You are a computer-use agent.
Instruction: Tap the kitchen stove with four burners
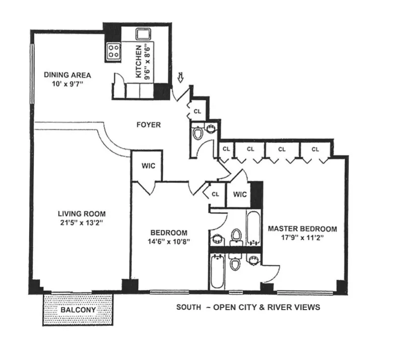pos(114,51)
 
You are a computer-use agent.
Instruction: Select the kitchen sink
pos(142,35)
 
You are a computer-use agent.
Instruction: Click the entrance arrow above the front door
pos(181,77)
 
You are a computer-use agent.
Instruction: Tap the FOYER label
pos(149,124)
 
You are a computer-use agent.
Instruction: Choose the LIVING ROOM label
pos(81,213)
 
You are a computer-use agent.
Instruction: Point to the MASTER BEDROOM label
pos(302,229)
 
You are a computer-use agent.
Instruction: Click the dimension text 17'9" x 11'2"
pos(302,237)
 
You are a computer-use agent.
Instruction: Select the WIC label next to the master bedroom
pos(240,194)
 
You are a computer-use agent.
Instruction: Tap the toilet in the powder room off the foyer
pos(198,133)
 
